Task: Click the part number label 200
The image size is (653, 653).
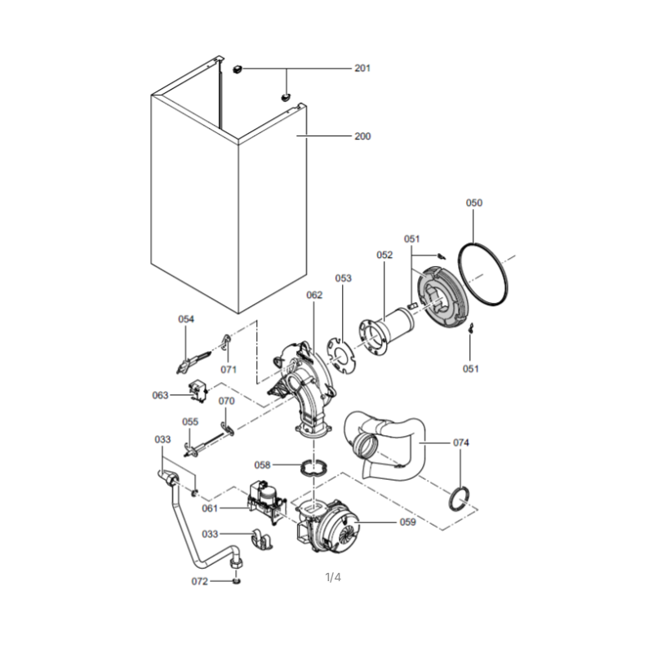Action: pyautogui.click(x=362, y=136)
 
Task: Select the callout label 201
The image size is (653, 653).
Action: pyautogui.click(x=362, y=68)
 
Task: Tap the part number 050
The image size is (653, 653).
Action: pyautogui.click(x=474, y=202)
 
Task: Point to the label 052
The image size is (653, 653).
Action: pyautogui.click(x=384, y=255)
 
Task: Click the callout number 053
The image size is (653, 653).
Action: pyautogui.click(x=343, y=278)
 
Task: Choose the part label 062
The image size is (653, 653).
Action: pyautogui.click(x=314, y=295)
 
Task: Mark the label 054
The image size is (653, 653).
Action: pyautogui.click(x=186, y=319)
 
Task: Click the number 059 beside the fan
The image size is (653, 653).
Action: pyautogui.click(x=407, y=522)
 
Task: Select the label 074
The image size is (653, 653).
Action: pyautogui.click(x=461, y=442)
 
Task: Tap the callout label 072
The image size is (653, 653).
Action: pyautogui.click(x=199, y=581)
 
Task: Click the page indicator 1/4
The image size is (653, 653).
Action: pyautogui.click(x=333, y=577)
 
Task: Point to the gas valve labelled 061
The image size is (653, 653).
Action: pyautogui.click(x=267, y=503)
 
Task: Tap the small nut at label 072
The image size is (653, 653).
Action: pyautogui.click(x=238, y=580)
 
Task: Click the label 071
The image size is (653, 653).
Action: pyautogui.click(x=229, y=370)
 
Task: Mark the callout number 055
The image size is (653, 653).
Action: pyautogui.click(x=190, y=422)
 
